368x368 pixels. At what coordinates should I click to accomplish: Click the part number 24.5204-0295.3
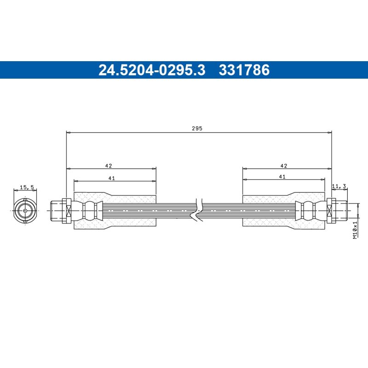tap(152, 70)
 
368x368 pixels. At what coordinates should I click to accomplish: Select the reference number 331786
tap(244, 70)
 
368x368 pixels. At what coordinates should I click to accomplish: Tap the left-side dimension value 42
tap(109, 165)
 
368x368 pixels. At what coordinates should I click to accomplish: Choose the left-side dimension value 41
tap(111, 178)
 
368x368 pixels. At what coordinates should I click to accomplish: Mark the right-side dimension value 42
tap(283, 165)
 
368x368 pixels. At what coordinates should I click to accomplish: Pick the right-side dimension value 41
tap(282, 177)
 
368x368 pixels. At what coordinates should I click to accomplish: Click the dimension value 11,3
tap(339, 186)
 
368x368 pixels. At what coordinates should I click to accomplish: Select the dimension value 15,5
tap(27, 187)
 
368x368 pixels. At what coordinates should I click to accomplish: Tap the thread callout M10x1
tap(355, 229)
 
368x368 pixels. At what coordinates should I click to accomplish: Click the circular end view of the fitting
tap(24, 211)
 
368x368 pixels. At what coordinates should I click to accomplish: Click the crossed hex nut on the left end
tap(66, 211)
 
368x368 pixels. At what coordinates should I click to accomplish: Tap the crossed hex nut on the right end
tap(329, 211)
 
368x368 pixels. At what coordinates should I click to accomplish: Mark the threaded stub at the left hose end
tap(56, 211)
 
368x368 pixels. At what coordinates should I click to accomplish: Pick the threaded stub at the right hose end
tap(340, 211)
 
